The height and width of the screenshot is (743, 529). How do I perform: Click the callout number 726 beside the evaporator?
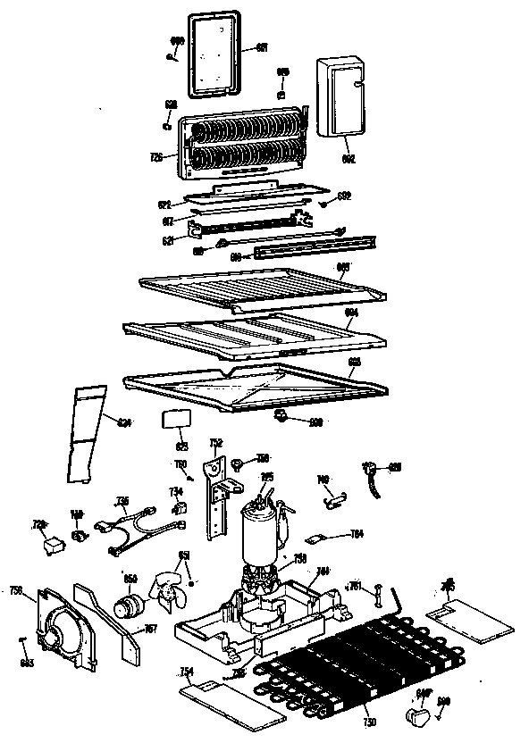155,158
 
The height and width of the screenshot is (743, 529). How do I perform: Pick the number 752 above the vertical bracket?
215,442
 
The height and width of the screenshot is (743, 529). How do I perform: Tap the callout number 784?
356,535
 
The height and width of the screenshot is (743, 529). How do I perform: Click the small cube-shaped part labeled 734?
179,508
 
